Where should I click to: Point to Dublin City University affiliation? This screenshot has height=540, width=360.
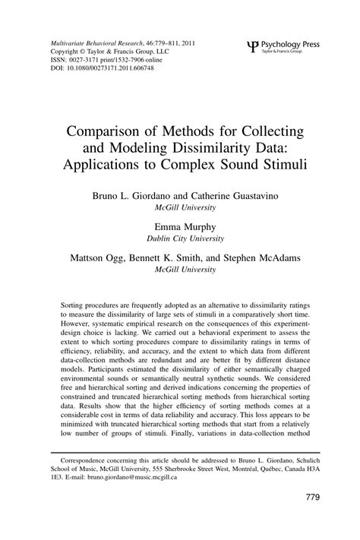[179, 237]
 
